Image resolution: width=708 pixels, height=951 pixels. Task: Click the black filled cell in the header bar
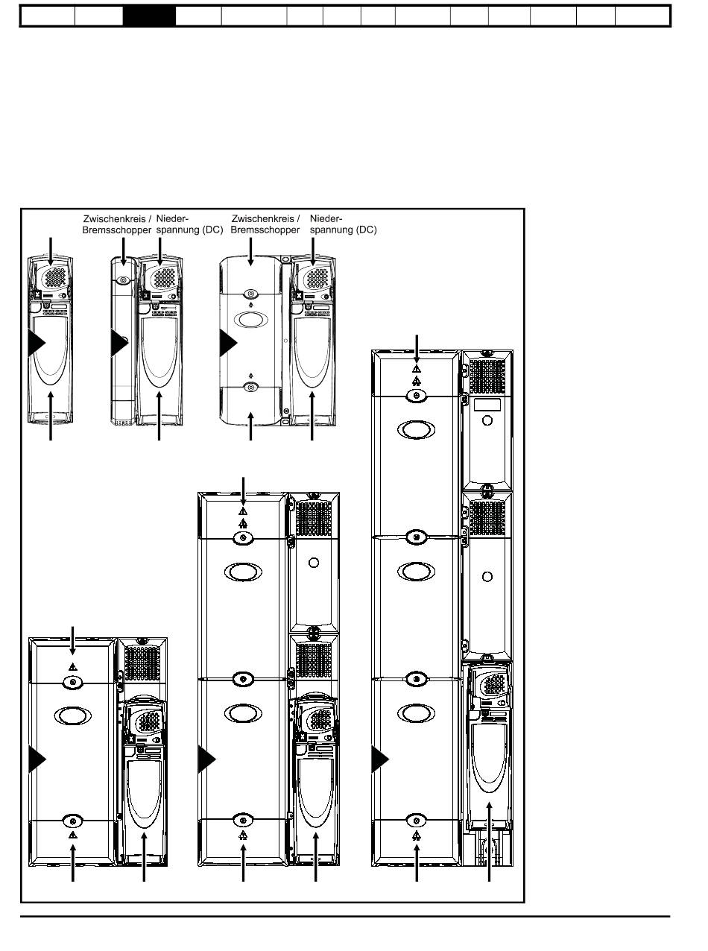coord(149,16)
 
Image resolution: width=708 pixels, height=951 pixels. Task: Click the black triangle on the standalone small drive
coord(37,343)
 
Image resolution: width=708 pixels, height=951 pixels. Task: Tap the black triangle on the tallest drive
coord(380,759)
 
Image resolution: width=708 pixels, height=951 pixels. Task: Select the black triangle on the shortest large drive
coord(37,759)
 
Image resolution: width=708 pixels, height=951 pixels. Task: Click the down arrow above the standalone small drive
coord(51,251)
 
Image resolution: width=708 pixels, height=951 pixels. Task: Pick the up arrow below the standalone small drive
coord(51,416)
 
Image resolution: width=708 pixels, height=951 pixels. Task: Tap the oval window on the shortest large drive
coord(72,715)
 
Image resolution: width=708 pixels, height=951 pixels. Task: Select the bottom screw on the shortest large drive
coord(72,821)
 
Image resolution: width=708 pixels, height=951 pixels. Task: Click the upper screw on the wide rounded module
coord(251,294)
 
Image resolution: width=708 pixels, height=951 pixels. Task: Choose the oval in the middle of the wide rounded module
coord(251,320)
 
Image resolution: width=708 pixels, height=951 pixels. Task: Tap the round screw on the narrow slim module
coord(123,280)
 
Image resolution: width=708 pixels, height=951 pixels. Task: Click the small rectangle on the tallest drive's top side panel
coord(487,405)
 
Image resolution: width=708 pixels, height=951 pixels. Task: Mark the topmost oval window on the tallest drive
coord(416,429)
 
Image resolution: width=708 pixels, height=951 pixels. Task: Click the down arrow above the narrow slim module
coord(124,251)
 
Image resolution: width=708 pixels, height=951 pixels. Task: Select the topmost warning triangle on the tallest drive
coord(417,369)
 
